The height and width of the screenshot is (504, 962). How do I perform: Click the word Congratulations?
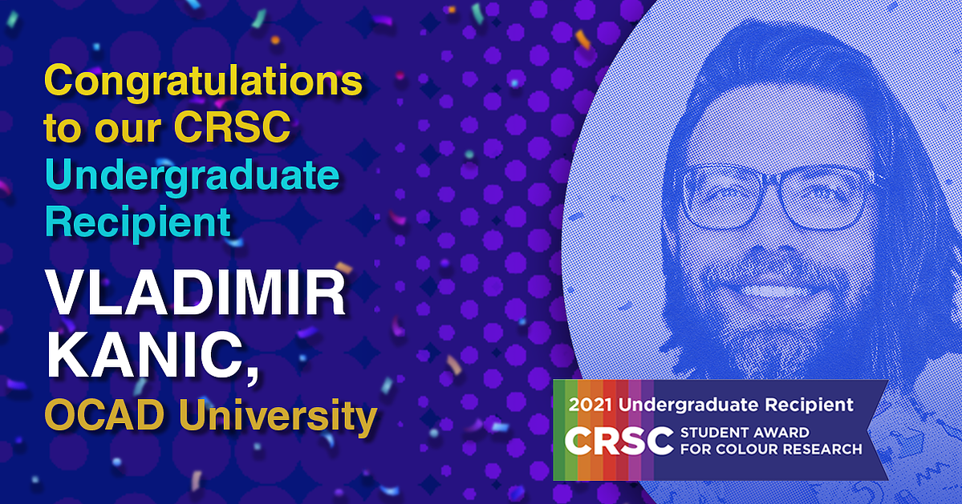[x=203, y=82]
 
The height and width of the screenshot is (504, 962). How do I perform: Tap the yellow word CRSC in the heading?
[x=233, y=127]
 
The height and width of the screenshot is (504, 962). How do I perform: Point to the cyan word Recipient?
[x=138, y=221]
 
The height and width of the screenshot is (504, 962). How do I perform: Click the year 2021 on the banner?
[x=591, y=405]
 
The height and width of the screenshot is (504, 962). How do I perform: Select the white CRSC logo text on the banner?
[x=619, y=441]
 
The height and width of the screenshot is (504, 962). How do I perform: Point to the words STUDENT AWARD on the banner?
[x=745, y=433]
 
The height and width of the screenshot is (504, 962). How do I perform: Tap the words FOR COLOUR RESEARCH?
[x=770, y=449]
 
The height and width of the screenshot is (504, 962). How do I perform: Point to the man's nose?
[x=774, y=232]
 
